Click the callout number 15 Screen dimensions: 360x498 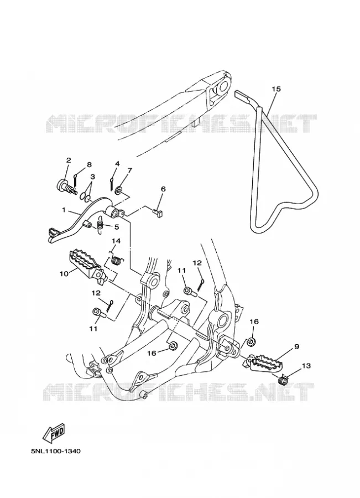point(276,89)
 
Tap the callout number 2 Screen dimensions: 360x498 point(68,160)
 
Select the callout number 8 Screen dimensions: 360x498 point(89,164)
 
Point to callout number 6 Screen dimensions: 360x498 point(163,189)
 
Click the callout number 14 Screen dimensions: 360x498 point(116,241)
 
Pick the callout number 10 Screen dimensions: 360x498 point(64,273)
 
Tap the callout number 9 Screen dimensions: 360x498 point(296,346)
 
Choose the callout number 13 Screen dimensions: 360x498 point(306,366)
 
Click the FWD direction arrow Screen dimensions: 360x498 point(54,433)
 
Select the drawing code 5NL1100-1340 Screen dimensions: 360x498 point(55,451)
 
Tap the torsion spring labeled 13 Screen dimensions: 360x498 point(283,379)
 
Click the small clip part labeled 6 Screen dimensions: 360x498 point(158,212)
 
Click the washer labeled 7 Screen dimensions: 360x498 point(118,191)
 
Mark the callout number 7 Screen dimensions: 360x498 point(130,170)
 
